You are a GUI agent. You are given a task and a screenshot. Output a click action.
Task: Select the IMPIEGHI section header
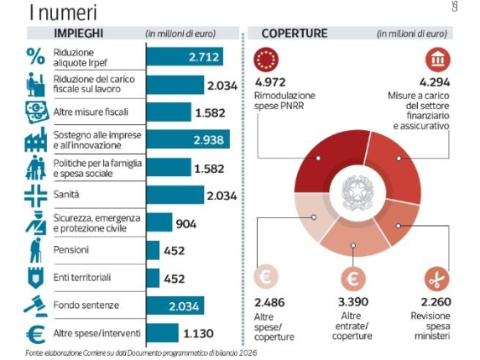[79, 34]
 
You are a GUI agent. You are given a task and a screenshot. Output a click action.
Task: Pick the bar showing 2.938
[189, 140]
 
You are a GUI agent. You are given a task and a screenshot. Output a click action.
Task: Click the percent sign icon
[35, 56]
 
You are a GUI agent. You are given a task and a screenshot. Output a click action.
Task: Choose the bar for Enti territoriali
[153, 278]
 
